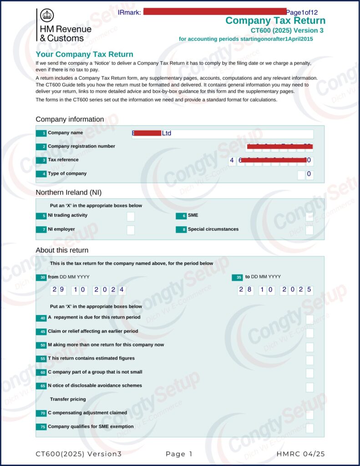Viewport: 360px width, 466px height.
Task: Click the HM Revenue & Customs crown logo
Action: (47, 15)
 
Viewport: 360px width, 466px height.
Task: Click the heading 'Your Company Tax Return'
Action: (84, 55)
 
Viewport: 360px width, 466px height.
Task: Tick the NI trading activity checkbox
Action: (131, 216)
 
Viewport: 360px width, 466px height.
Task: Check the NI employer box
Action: (131, 230)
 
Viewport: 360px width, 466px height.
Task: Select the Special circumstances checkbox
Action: (309, 230)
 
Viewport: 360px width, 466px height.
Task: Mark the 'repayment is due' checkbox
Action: (309, 319)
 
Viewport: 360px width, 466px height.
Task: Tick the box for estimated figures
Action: (309, 360)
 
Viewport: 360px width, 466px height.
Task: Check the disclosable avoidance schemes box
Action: (309, 387)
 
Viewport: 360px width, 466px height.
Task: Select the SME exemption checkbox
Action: (309, 428)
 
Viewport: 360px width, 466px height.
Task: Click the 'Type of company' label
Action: (67, 173)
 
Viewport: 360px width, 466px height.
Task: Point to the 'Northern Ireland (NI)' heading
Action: (68, 192)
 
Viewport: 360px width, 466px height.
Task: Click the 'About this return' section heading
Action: (62, 250)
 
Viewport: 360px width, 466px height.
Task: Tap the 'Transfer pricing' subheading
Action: (68, 399)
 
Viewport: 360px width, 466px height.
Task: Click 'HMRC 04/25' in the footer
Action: (300, 454)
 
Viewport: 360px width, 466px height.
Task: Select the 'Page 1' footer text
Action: (179, 454)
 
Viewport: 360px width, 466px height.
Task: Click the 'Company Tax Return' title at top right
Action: (275, 20)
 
